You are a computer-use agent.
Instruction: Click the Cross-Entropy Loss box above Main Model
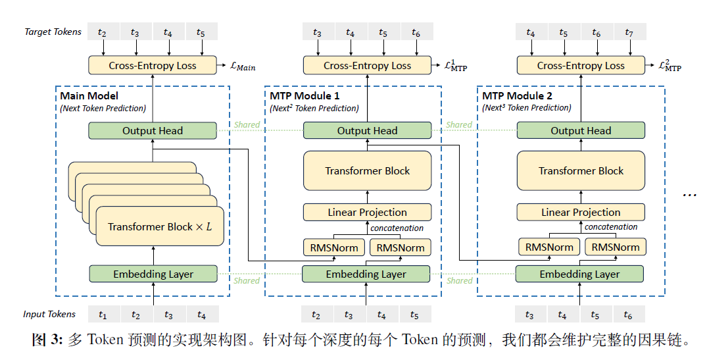pos(153,65)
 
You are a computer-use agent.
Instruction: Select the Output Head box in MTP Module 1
pos(367,130)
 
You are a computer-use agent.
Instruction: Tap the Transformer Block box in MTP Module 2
pos(581,170)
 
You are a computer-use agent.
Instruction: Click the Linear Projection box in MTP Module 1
pos(367,212)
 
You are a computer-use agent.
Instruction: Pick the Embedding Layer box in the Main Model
pos(153,274)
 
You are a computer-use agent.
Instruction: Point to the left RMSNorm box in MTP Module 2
pos(549,247)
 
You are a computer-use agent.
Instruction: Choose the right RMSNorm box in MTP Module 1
pos(401,247)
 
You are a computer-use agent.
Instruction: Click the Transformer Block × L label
pos(160,226)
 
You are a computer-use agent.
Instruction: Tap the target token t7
pos(629,32)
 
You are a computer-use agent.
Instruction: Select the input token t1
pos(103,315)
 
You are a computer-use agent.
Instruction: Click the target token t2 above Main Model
pos(102,32)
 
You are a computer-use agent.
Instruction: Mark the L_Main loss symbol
pos(241,66)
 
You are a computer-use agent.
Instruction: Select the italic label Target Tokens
pos(53,32)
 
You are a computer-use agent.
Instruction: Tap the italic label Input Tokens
pos(49,315)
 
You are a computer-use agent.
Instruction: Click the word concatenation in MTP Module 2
pos(611,227)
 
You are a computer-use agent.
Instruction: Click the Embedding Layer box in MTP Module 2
pos(579,274)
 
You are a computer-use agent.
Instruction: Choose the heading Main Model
pos(89,96)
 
